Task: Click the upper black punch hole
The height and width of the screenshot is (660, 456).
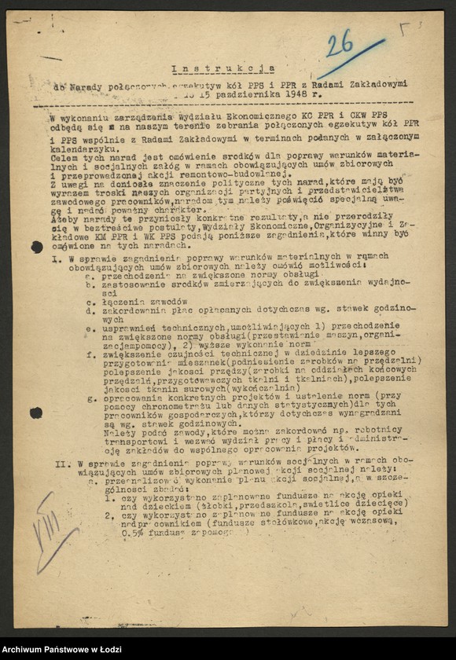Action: tap(37, 247)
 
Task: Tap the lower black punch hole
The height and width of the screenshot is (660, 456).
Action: tap(36, 412)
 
